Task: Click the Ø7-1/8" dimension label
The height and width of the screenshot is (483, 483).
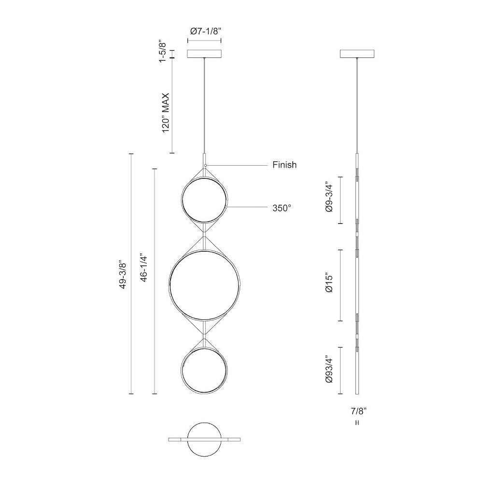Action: pyautogui.click(x=205, y=31)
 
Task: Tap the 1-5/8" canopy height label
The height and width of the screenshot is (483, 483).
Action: pyautogui.click(x=162, y=52)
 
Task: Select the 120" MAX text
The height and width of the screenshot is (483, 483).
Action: pyautogui.click(x=166, y=113)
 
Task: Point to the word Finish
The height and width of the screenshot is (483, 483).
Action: pyautogui.click(x=284, y=165)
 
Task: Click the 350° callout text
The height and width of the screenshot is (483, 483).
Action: pyautogui.click(x=282, y=208)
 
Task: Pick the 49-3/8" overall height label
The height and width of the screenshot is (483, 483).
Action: pyautogui.click(x=123, y=275)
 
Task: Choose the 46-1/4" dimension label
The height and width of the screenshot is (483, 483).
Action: pyautogui.click(x=144, y=268)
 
